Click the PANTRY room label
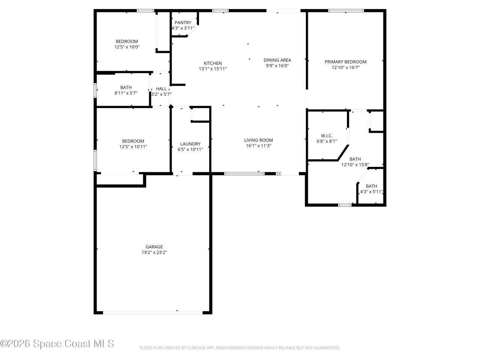click(183, 22)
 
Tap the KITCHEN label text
click(213, 63)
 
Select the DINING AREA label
click(277, 60)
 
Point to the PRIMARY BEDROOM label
click(345, 62)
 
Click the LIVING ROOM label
click(258, 140)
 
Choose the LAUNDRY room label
click(190, 144)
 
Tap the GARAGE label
click(154, 247)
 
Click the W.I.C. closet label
click(327, 136)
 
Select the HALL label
click(161, 89)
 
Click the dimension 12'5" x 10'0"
click(127, 47)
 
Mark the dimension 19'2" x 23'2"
click(154, 253)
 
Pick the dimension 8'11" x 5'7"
click(126, 93)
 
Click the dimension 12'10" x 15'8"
click(355, 165)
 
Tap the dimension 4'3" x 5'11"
click(371, 192)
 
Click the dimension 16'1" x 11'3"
click(258, 146)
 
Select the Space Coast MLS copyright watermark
click(57, 343)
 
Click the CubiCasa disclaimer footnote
click(240, 348)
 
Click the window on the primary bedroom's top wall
click(346, 10)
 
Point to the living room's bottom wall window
click(244, 174)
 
